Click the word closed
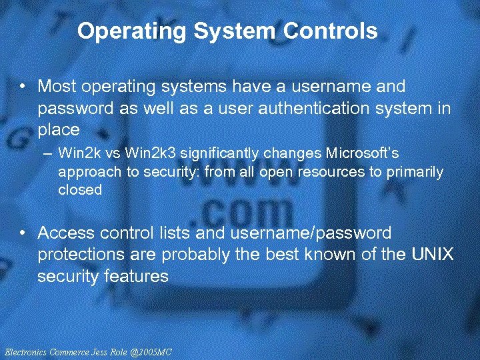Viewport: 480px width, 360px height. (x=80, y=189)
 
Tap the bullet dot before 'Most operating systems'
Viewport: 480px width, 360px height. (x=23, y=87)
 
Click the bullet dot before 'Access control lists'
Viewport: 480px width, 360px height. (x=23, y=233)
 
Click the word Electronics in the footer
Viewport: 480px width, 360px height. (x=25, y=351)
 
